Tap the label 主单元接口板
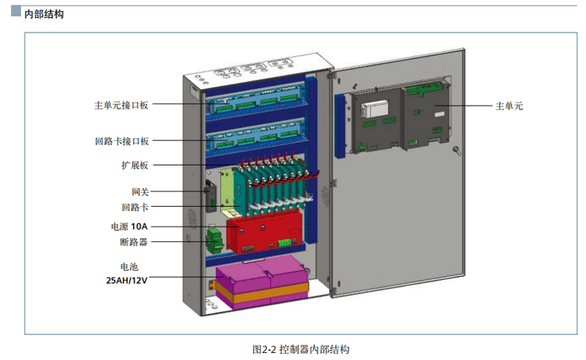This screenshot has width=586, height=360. tap(121, 104)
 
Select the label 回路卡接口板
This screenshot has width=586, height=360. tap(121, 141)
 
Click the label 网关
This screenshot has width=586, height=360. tap(140, 191)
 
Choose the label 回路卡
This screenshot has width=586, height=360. tap(135, 208)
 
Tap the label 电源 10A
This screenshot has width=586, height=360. tap(129, 226)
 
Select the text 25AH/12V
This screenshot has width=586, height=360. tap(126, 278)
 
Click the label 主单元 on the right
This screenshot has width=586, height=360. tap(509, 105)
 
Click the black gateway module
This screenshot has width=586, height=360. tap(210, 197)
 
